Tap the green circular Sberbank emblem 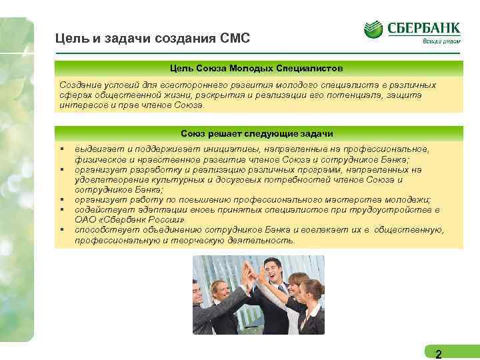pyautogui.click(x=373, y=30)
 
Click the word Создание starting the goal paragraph pyautogui.click(x=79, y=85)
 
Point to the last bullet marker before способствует pyautogui.click(x=61, y=230)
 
